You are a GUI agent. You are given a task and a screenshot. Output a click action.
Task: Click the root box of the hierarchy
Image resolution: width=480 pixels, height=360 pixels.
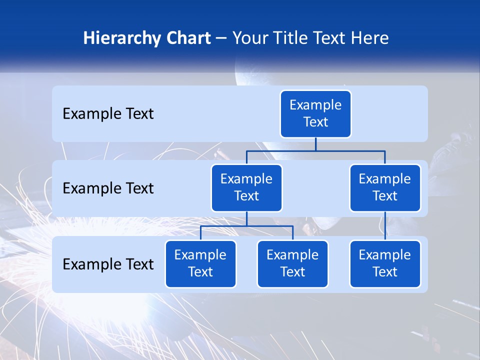(x=315, y=113)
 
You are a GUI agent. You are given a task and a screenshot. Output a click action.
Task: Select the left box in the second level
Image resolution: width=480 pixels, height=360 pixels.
(x=246, y=187)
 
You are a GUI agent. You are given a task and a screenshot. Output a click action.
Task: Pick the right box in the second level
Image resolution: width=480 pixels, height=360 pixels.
(x=385, y=187)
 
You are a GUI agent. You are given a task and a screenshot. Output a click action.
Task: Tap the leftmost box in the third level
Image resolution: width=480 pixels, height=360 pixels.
(x=200, y=263)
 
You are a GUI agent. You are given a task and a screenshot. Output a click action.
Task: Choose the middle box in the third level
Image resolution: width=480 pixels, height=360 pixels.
(x=292, y=263)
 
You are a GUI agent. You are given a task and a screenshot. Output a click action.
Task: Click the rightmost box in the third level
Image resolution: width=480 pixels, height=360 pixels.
(x=385, y=263)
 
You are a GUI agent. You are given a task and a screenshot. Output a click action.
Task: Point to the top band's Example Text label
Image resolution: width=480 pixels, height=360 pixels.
(x=108, y=114)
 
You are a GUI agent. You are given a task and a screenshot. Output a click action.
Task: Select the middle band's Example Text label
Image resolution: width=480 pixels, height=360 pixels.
(x=108, y=188)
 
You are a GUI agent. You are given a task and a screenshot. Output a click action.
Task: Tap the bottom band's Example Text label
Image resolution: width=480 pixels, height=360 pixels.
(x=108, y=264)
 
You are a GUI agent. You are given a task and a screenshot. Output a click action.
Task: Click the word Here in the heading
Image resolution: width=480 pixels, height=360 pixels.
(x=370, y=38)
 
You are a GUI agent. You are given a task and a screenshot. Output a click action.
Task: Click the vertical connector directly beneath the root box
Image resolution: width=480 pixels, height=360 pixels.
(x=315, y=144)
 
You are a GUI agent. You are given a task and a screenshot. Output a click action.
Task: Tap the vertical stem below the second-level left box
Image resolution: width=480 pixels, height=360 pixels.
(x=246, y=219)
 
